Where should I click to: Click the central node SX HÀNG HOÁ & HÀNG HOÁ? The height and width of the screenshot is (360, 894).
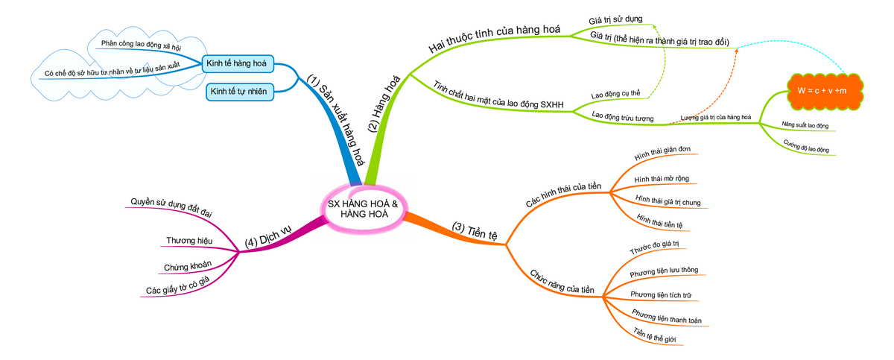pyautogui.click(x=364, y=209)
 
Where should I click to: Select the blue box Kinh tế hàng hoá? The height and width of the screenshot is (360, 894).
pyautogui.click(x=238, y=63)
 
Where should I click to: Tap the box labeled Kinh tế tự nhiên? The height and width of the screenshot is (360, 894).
pyautogui.click(x=239, y=91)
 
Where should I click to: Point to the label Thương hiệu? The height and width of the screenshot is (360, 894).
pyautogui.click(x=189, y=241)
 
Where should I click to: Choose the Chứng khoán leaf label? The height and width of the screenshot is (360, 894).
pyautogui.click(x=187, y=265)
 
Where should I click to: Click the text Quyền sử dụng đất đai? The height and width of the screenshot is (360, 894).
pyautogui.click(x=171, y=207)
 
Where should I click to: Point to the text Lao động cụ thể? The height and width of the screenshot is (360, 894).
pyautogui.click(x=616, y=95)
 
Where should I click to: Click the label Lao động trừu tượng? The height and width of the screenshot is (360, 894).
pyautogui.click(x=622, y=117)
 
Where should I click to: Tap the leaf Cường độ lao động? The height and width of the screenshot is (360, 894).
pyautogui.click(x=807, y=145)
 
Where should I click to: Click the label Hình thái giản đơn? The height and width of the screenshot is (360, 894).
pyautogui.click(x=662, y=154)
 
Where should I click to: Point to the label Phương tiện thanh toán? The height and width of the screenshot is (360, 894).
pyautogui.click(x=666, y=316)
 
